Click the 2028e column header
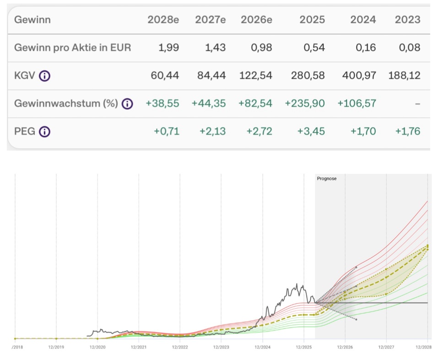[x=163, y=20]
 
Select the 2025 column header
[x=312, y=20]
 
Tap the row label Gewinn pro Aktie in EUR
[x=73, y=48]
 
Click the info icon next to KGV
[x=44, y=76]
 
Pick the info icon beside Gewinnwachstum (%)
[x=128, y=104]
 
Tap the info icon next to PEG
[x=44, y=132]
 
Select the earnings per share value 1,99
[x=169, y=48]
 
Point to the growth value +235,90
[x=305, y=104]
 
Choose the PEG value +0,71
[x=167, y=132]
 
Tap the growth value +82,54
[x=255, y=104]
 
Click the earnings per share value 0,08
[x=410, y=48]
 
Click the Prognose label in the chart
[x=327, y=178]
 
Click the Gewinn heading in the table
[x=32, y=20]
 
